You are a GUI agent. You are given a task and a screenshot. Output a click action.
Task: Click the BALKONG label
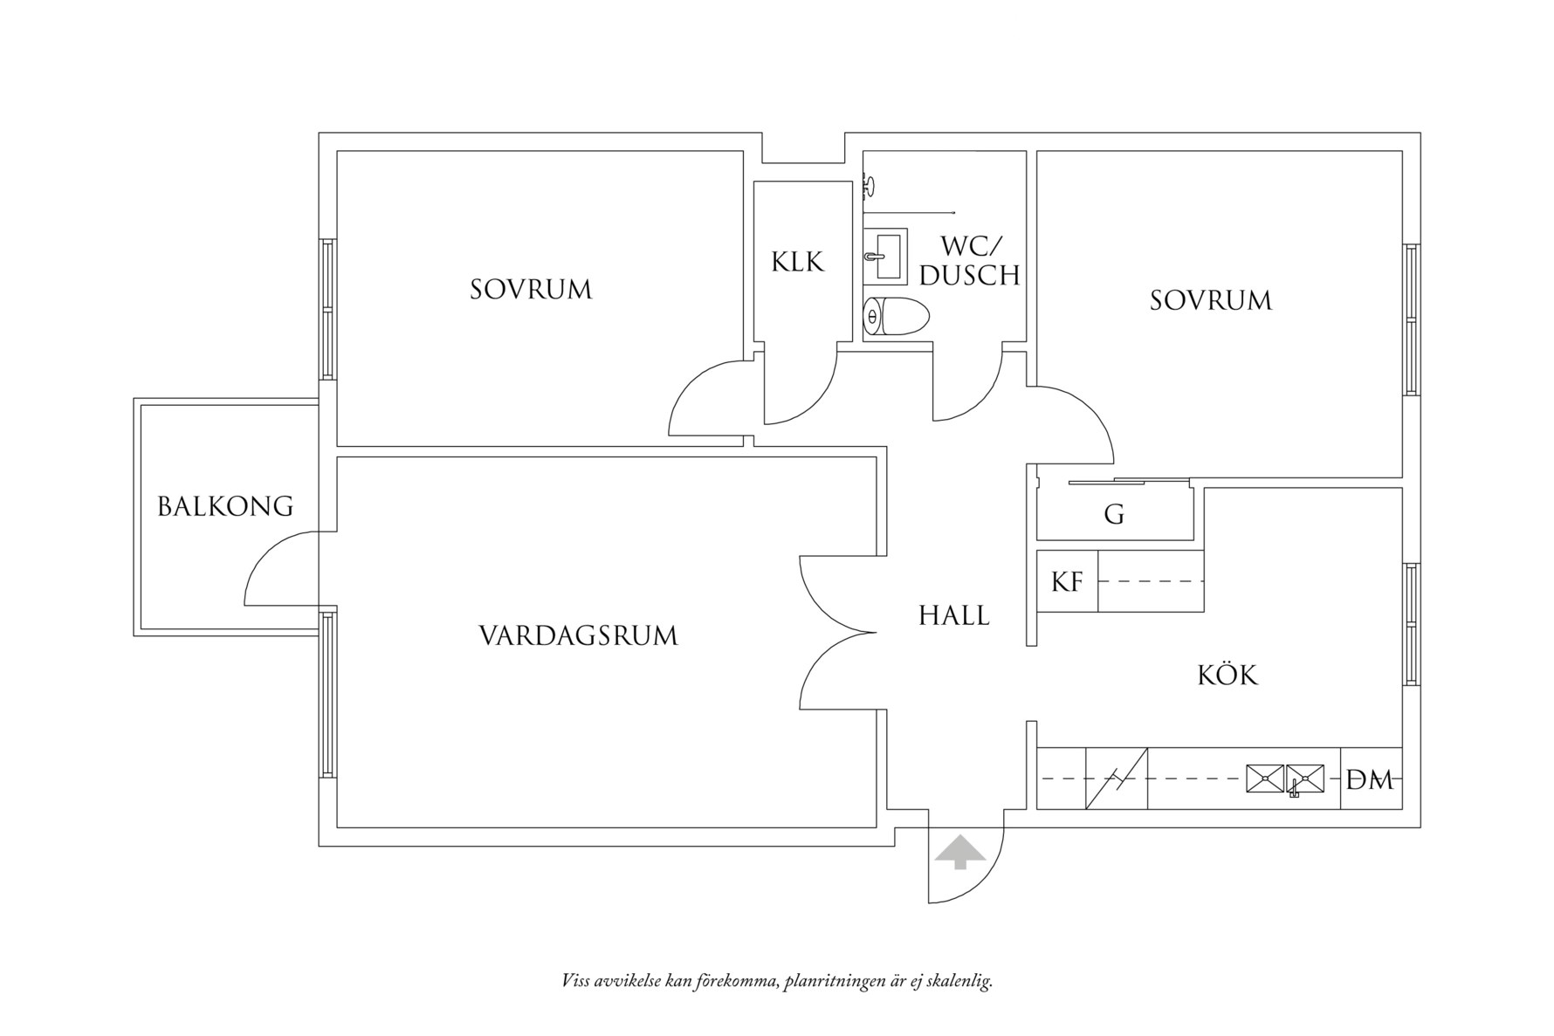coord(225,506)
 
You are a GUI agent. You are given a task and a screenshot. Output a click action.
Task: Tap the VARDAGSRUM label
coord(578,635)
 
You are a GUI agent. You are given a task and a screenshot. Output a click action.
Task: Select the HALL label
coord(953,616)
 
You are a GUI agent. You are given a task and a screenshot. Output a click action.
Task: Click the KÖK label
coord(1227,675)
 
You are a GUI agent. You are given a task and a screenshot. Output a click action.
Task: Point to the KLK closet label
coord(797,262)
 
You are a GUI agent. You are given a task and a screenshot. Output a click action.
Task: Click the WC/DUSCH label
coord(969,261)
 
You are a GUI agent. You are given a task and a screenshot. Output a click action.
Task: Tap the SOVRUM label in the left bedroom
coord(531,290)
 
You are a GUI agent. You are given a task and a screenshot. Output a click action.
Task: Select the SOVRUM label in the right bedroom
coord(1210,300)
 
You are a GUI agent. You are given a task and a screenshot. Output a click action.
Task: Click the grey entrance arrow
coord(959,852)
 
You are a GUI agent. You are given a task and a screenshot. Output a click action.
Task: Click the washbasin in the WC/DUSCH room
coord(885,255)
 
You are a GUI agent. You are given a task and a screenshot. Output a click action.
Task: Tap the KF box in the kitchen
coord(1067,581)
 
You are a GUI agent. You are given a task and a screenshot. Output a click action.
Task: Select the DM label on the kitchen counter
coord(1370,780)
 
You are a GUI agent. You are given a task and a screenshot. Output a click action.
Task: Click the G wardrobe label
coord(1113,515)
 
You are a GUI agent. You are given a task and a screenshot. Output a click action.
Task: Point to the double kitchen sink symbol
coord(1285,779)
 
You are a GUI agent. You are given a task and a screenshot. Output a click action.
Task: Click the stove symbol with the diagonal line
coord(1116,779)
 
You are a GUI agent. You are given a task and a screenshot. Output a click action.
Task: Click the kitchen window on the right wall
coord(1411,623)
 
